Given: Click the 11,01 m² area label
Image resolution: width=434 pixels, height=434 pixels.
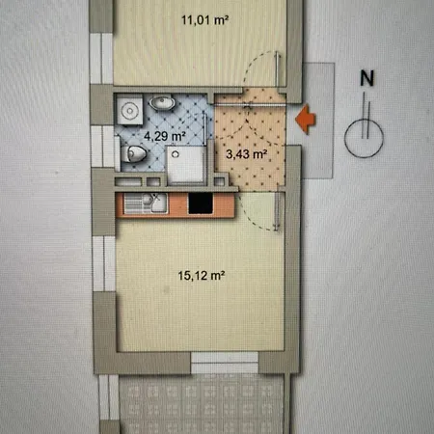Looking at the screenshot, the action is [205, 20].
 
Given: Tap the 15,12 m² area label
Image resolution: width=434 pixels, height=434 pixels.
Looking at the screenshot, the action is [202, 276].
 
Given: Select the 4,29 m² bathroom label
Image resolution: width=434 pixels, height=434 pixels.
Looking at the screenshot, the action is [165, 136].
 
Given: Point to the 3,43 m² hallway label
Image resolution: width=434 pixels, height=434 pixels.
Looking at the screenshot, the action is [246, 154].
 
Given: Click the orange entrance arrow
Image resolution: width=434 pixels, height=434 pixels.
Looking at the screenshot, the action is [306, 119].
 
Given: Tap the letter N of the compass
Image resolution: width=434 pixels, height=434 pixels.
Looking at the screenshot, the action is [366, 78].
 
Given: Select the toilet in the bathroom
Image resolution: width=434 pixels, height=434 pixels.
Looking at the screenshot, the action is [133, 153].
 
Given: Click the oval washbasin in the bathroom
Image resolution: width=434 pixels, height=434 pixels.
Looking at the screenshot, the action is [162, 103].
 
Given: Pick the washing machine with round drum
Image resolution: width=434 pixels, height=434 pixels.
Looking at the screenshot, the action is [129, 110].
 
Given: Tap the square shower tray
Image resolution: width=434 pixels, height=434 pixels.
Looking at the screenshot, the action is [186, 164].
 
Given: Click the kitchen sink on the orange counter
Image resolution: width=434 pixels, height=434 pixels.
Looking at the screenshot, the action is [146, 203].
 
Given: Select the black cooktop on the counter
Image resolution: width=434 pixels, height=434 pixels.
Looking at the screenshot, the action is [201, 203].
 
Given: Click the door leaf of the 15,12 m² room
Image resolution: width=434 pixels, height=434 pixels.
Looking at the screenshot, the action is [277, 211].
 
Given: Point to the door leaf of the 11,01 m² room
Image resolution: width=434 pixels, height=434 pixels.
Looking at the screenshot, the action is [278, 68].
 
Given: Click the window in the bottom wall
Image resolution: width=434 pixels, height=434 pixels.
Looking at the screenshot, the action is [225, 363].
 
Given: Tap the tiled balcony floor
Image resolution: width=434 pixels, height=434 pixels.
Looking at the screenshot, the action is [202, 404].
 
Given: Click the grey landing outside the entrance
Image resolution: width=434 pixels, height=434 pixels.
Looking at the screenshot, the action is [317, 121].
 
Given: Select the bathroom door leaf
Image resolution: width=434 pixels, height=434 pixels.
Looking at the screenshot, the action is [204, 128].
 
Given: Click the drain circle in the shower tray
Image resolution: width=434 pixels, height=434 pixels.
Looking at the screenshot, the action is [175, 154].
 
